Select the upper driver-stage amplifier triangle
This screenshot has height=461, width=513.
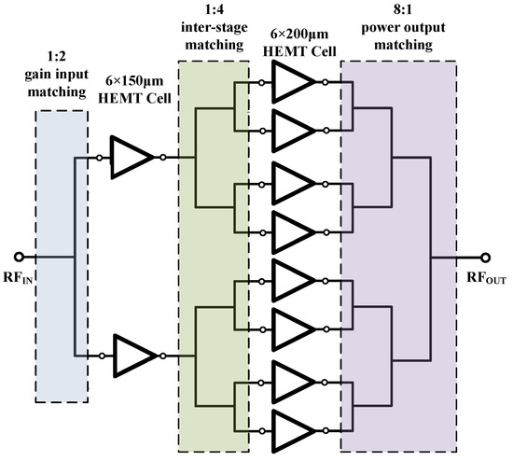[x=132, y=157]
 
